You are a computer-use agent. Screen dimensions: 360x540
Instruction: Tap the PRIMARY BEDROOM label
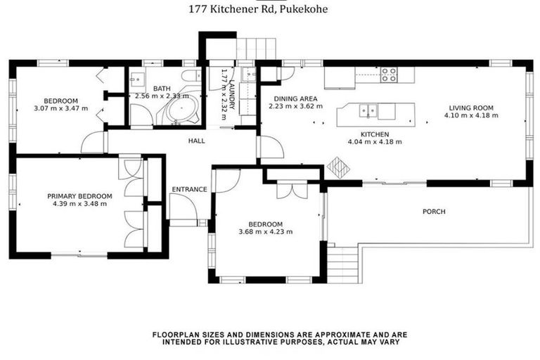(79, 196)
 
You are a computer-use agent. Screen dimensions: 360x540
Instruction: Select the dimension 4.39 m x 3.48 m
(79, 204)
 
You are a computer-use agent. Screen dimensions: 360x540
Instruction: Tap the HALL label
(196, 141)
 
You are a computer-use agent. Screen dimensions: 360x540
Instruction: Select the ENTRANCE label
(189, 189)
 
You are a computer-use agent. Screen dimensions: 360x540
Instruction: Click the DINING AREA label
(295, 98)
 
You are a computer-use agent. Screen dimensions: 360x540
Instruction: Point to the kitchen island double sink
(366, 110)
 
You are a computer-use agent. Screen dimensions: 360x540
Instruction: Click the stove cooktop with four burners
(389, 75)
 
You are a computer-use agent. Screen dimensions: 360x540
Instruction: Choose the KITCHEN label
(374, 134)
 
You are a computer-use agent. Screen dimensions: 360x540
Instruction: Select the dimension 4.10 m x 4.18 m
(472, 115)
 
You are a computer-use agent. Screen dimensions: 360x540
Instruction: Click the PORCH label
(434, 212)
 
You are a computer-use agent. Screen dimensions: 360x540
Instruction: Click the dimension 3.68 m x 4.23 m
(266, 231)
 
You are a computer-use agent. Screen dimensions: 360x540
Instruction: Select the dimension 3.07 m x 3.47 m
(60, 108)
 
